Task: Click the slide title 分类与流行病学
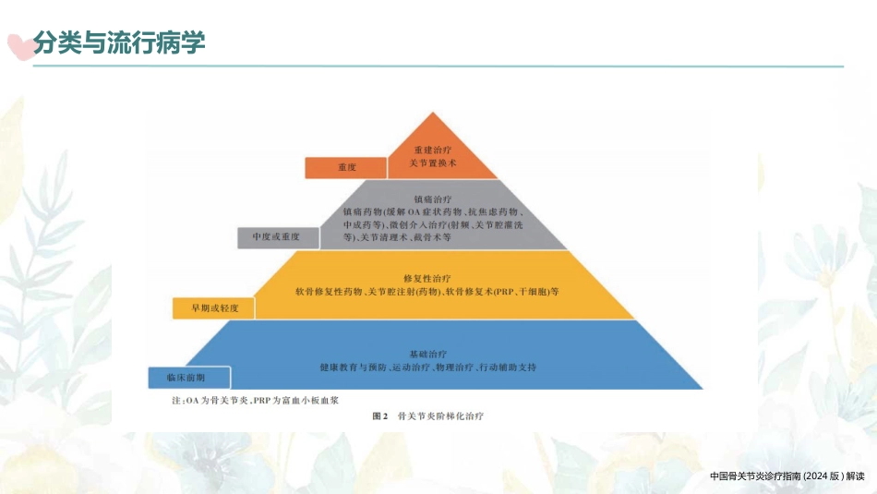[119, 42]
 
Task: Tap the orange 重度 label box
[345, 167]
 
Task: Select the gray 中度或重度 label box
[278, 238]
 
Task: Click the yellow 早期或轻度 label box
[213, 308]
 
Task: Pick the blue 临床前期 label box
[189, 378]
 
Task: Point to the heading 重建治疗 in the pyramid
[432, 150]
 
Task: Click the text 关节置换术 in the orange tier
[432, 163]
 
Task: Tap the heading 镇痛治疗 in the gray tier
[432, 199]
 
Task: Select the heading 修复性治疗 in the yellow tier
[426, 279]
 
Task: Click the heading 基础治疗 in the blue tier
[427, 355]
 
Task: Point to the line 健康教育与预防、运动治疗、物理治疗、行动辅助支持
[427, 367]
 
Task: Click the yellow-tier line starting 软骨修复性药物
[426, 292]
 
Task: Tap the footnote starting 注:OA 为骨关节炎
[255, 401]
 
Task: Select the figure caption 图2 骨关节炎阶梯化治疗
[427, 416]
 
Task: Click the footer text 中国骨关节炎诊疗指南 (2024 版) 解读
[787, 476]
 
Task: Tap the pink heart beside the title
[20, 47]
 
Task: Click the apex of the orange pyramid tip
[432, 113]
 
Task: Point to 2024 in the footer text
[817, 476]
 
